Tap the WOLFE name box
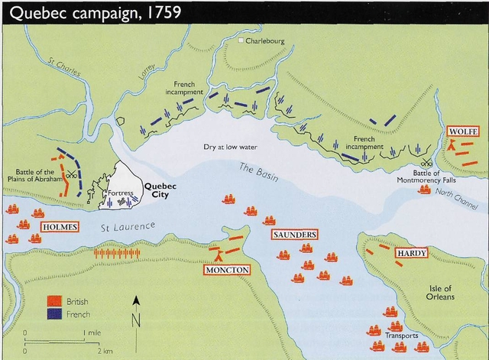point(463,131)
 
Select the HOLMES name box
point(60,227)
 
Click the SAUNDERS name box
point(294,234)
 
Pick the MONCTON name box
point(226,270)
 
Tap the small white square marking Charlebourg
point(240,41)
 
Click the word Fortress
point(122,193)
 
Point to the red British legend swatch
point(53,302)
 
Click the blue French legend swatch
point(53,313)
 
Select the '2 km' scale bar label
point(104,350)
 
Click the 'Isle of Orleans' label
point(441,291)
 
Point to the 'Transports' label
point(401,336)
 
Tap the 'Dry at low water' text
point(230,146)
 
